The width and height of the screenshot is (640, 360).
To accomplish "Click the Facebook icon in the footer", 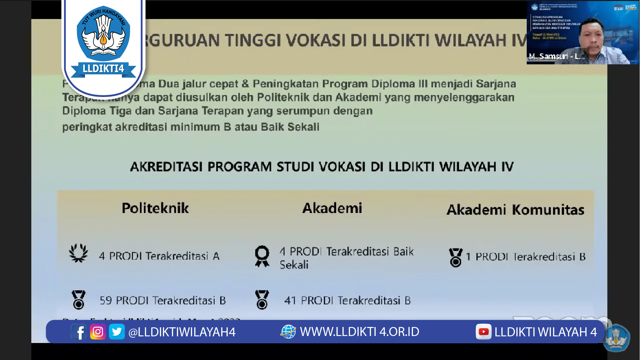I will click(79, 332).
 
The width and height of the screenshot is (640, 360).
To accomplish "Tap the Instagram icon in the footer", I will click(98, 332).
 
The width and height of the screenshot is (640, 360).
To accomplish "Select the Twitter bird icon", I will click(117, 332).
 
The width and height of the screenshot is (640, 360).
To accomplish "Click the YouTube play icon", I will click(483, 332).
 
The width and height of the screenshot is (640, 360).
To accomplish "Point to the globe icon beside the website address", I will click(288, 332).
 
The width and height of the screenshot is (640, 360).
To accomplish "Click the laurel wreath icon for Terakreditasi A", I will click(79, 253).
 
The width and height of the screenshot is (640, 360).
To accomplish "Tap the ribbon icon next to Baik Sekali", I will click(262, 256).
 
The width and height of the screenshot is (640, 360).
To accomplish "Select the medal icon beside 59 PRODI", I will click(79, 300).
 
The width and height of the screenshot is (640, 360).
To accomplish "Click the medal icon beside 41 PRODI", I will click(262, 300).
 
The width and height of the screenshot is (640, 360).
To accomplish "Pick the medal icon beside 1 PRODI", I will click(455, 257).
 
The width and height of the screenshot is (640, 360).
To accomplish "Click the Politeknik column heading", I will click(155, 208).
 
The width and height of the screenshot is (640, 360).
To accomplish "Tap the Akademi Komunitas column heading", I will click(515, 210).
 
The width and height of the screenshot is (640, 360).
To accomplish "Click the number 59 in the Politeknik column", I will click(106, 301).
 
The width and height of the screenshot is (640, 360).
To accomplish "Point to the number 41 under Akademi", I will click(290, 301).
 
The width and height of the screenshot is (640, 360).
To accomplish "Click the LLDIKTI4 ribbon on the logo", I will click(103, 69).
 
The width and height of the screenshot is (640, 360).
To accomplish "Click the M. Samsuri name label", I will click(556, 56).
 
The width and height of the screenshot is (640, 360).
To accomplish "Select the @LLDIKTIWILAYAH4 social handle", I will click(182, 332).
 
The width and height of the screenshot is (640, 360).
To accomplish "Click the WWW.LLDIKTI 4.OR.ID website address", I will click(359, 332).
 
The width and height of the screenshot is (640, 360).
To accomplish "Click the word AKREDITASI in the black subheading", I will click(166, 167).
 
